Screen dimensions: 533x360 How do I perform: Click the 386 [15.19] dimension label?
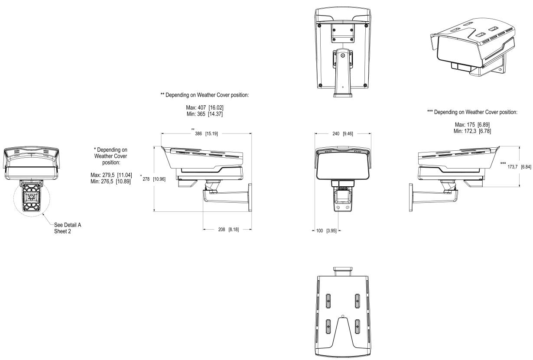[206, 134]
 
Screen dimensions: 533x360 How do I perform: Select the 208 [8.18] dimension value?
[228, 230]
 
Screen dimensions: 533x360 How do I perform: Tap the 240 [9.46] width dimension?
[343, 134]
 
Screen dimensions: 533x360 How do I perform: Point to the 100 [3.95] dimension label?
[326, 231]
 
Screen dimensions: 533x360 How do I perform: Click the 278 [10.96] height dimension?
[154, 179]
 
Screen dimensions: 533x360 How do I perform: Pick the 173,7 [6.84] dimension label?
[519, 167]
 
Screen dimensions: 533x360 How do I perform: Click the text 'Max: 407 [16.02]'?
[205, 107]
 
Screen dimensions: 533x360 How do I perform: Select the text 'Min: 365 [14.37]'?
[205, 114]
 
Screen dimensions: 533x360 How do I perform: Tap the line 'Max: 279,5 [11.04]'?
[111, 175]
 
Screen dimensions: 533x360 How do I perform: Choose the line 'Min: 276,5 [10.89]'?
[110, 182]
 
